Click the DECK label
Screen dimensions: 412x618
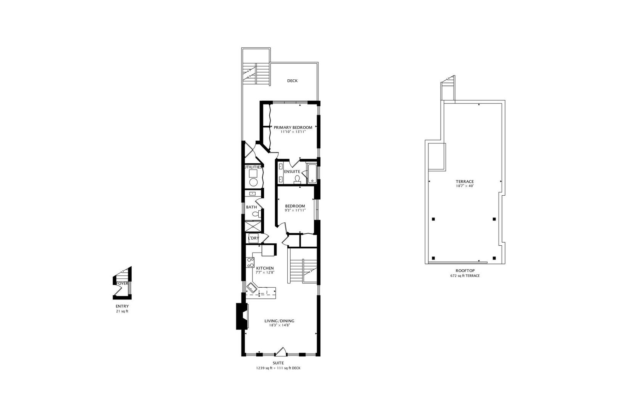click(x=292, y=81)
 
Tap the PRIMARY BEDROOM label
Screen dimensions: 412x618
click(x=293, y=127)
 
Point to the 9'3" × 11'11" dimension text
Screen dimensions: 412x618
click(x=295, y=210)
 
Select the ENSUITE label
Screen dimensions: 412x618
click(x=292, y=172)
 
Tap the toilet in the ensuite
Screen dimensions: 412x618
click(x=298, y=179)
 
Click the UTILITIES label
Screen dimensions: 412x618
click(x=253, y=167)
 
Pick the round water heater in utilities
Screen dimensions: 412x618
click(x=253, y=182)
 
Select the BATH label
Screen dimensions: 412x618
click(x=251, y=207)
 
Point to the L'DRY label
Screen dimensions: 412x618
click(x=254, y=238)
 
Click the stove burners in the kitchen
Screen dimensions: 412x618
click(x=251, y=262)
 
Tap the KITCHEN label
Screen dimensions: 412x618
click(x=265, y=268)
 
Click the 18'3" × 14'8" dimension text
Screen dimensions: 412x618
click(x=279, y=325)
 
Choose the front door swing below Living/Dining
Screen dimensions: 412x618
click(x=281, y=351)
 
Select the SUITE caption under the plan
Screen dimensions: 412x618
click(x=278, y=363)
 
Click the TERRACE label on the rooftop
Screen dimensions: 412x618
click(x=465, y=182)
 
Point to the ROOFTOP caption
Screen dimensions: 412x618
click(x=464, y=270)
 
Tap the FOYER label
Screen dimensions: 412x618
click(x=122, y=283)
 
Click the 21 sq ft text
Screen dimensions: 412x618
click(x=122, y=311)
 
